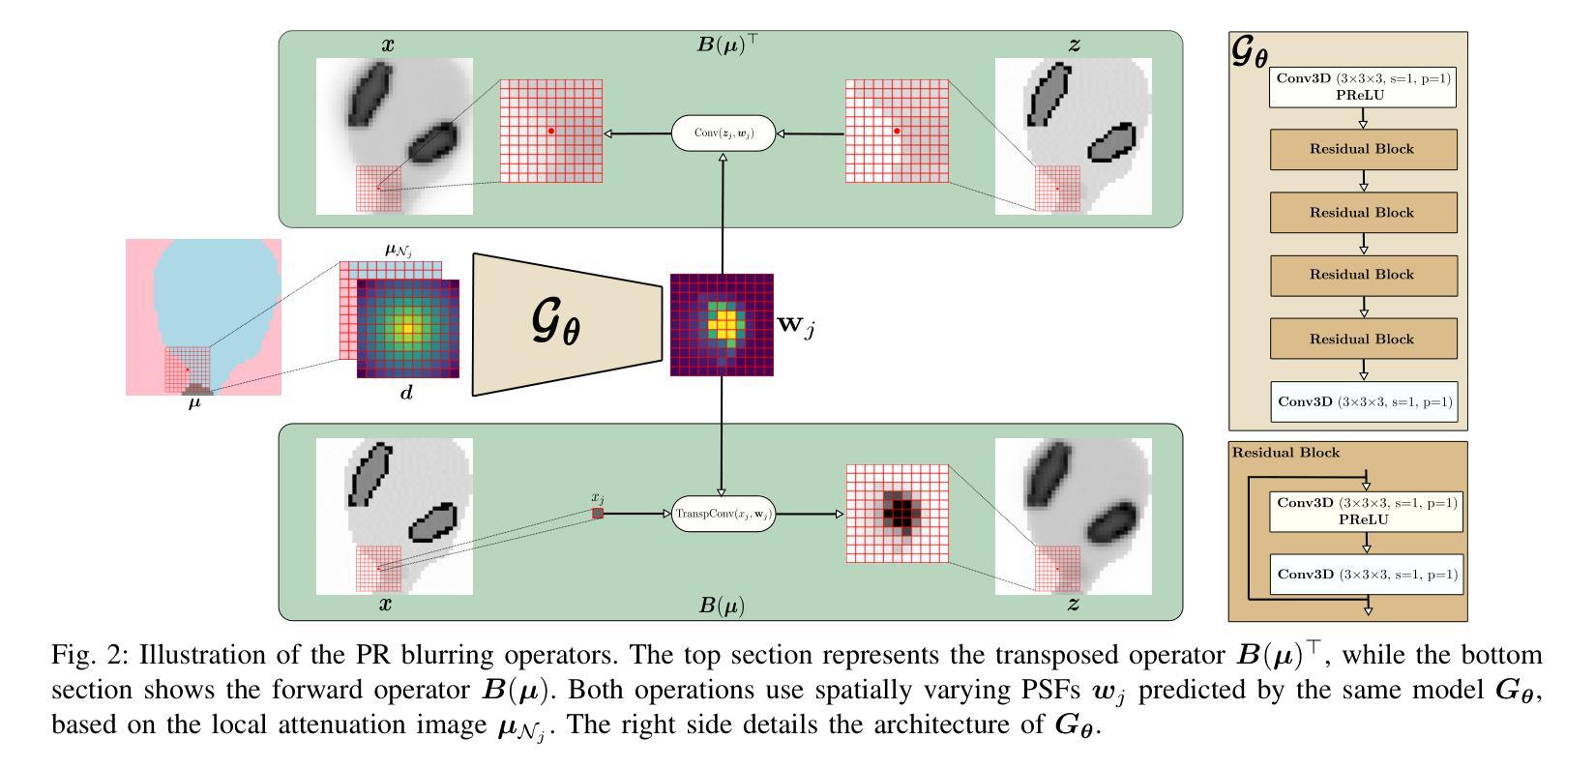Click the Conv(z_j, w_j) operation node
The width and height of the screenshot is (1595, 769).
tap(724, 133)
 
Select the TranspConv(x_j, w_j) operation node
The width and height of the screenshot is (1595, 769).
tap(724, 514)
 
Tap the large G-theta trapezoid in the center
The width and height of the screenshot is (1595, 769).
tap(566, 324)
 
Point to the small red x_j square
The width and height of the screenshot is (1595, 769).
tap(598, 514)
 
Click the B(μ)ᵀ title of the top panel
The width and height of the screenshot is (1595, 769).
tap(728, 44)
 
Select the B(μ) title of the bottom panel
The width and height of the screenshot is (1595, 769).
tap(723, 606)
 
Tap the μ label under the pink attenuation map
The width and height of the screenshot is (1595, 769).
tap(194, 402)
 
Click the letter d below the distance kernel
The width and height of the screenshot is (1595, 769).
tap(406, 393)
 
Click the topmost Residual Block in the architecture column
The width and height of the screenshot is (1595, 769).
tap(1362, 149)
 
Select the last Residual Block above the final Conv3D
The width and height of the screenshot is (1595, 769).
tap(1362, 339)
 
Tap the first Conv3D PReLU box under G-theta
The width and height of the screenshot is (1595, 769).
tap(1363, 86)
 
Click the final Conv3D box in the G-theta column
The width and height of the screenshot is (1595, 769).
tap(1363, 400)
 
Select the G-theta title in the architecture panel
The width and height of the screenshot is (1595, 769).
tap(1249, 51)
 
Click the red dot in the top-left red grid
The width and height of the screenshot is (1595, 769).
tap(550, 131)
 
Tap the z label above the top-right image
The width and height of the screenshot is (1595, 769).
tap(1075, 44)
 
